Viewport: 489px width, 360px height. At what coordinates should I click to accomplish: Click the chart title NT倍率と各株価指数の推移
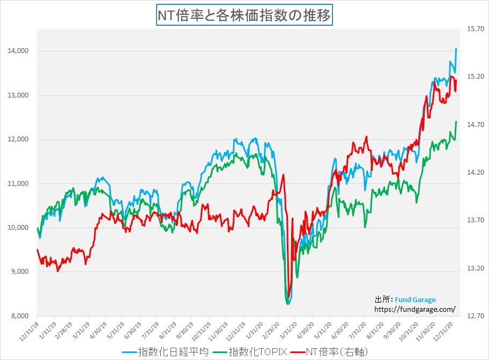click(x=244, y=15)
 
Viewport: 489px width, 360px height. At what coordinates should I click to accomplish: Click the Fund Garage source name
click(x=416, y=300)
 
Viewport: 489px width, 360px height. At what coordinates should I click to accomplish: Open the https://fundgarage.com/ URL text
click(x=414, y=309)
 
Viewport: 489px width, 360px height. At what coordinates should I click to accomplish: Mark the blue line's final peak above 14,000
click(x=456, y=49)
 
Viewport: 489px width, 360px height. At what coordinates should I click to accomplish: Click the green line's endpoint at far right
click(x=456, y=122)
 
